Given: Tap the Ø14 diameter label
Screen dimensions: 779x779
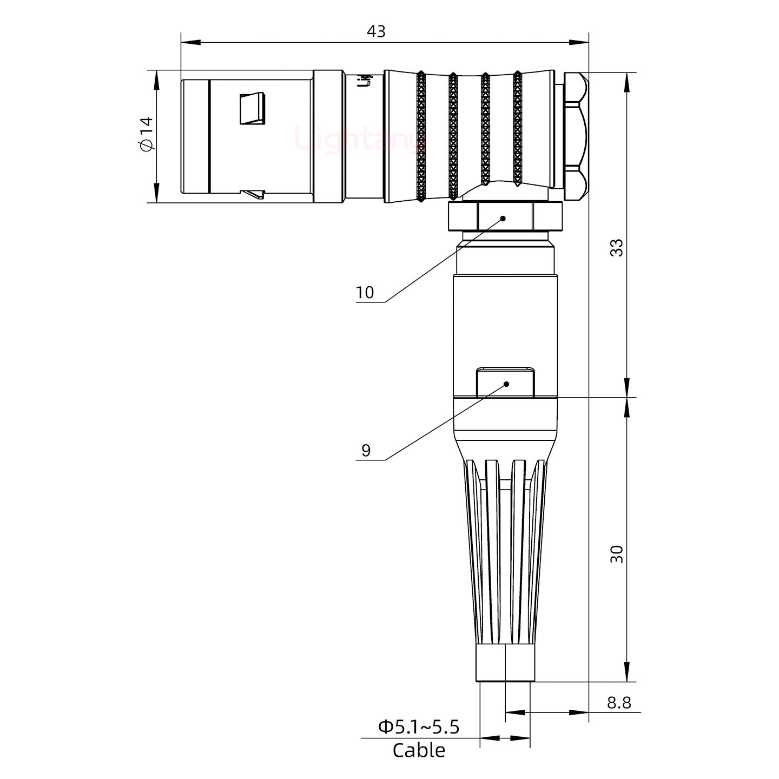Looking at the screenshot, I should coord(147,134).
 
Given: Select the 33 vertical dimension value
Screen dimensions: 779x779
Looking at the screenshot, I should coord(616,247).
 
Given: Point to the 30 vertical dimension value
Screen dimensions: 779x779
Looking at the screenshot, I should coord(616,554).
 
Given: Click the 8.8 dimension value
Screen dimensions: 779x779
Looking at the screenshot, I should coord(618,703).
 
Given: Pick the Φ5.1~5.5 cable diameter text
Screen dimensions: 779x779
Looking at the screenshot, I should coord(418,727).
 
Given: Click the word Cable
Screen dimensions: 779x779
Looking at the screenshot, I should coord(418,750).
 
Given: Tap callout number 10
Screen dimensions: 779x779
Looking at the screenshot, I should coord(365,293).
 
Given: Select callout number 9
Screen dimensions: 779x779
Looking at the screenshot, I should coord(366,450).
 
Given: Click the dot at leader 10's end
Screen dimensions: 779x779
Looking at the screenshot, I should coord(503,219).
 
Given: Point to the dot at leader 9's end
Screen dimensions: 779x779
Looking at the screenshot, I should coord(507,384).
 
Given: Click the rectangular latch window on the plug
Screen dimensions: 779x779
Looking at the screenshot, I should coord(253,108).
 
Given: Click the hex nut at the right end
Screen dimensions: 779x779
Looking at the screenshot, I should coord(575,137).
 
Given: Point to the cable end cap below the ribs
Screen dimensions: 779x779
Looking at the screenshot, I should coord(505,663).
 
